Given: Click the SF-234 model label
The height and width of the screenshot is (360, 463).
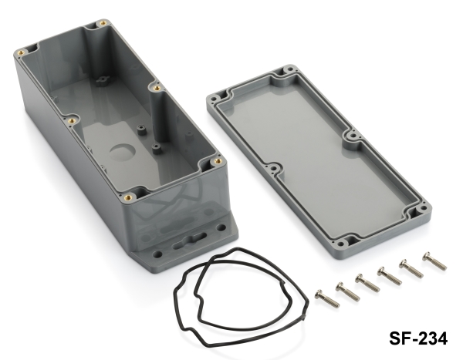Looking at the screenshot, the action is (418, 338).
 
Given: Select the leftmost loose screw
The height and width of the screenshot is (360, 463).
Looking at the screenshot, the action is (327, 298).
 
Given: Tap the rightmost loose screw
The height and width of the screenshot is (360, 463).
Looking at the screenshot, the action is (434, 261).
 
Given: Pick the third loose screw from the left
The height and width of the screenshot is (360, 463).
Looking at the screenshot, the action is (367, 283).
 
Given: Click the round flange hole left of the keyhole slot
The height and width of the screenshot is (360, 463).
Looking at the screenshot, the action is (158, 254).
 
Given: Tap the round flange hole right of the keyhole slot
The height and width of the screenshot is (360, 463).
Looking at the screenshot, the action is (221, 227).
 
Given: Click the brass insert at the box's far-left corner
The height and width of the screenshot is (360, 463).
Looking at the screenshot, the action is (22, 53).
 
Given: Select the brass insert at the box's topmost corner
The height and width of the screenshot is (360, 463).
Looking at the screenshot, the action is (103, 22).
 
